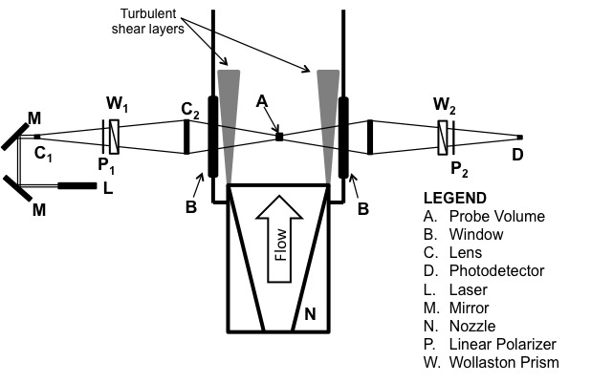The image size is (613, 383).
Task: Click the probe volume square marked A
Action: pos(279,137)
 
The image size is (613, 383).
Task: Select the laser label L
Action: pos(108,187)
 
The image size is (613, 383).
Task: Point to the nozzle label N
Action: pos(309,313)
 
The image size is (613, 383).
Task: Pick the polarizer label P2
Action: pos(458,162)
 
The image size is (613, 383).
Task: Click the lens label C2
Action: pos(189,112)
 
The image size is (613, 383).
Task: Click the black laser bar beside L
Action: pos(76,185)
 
